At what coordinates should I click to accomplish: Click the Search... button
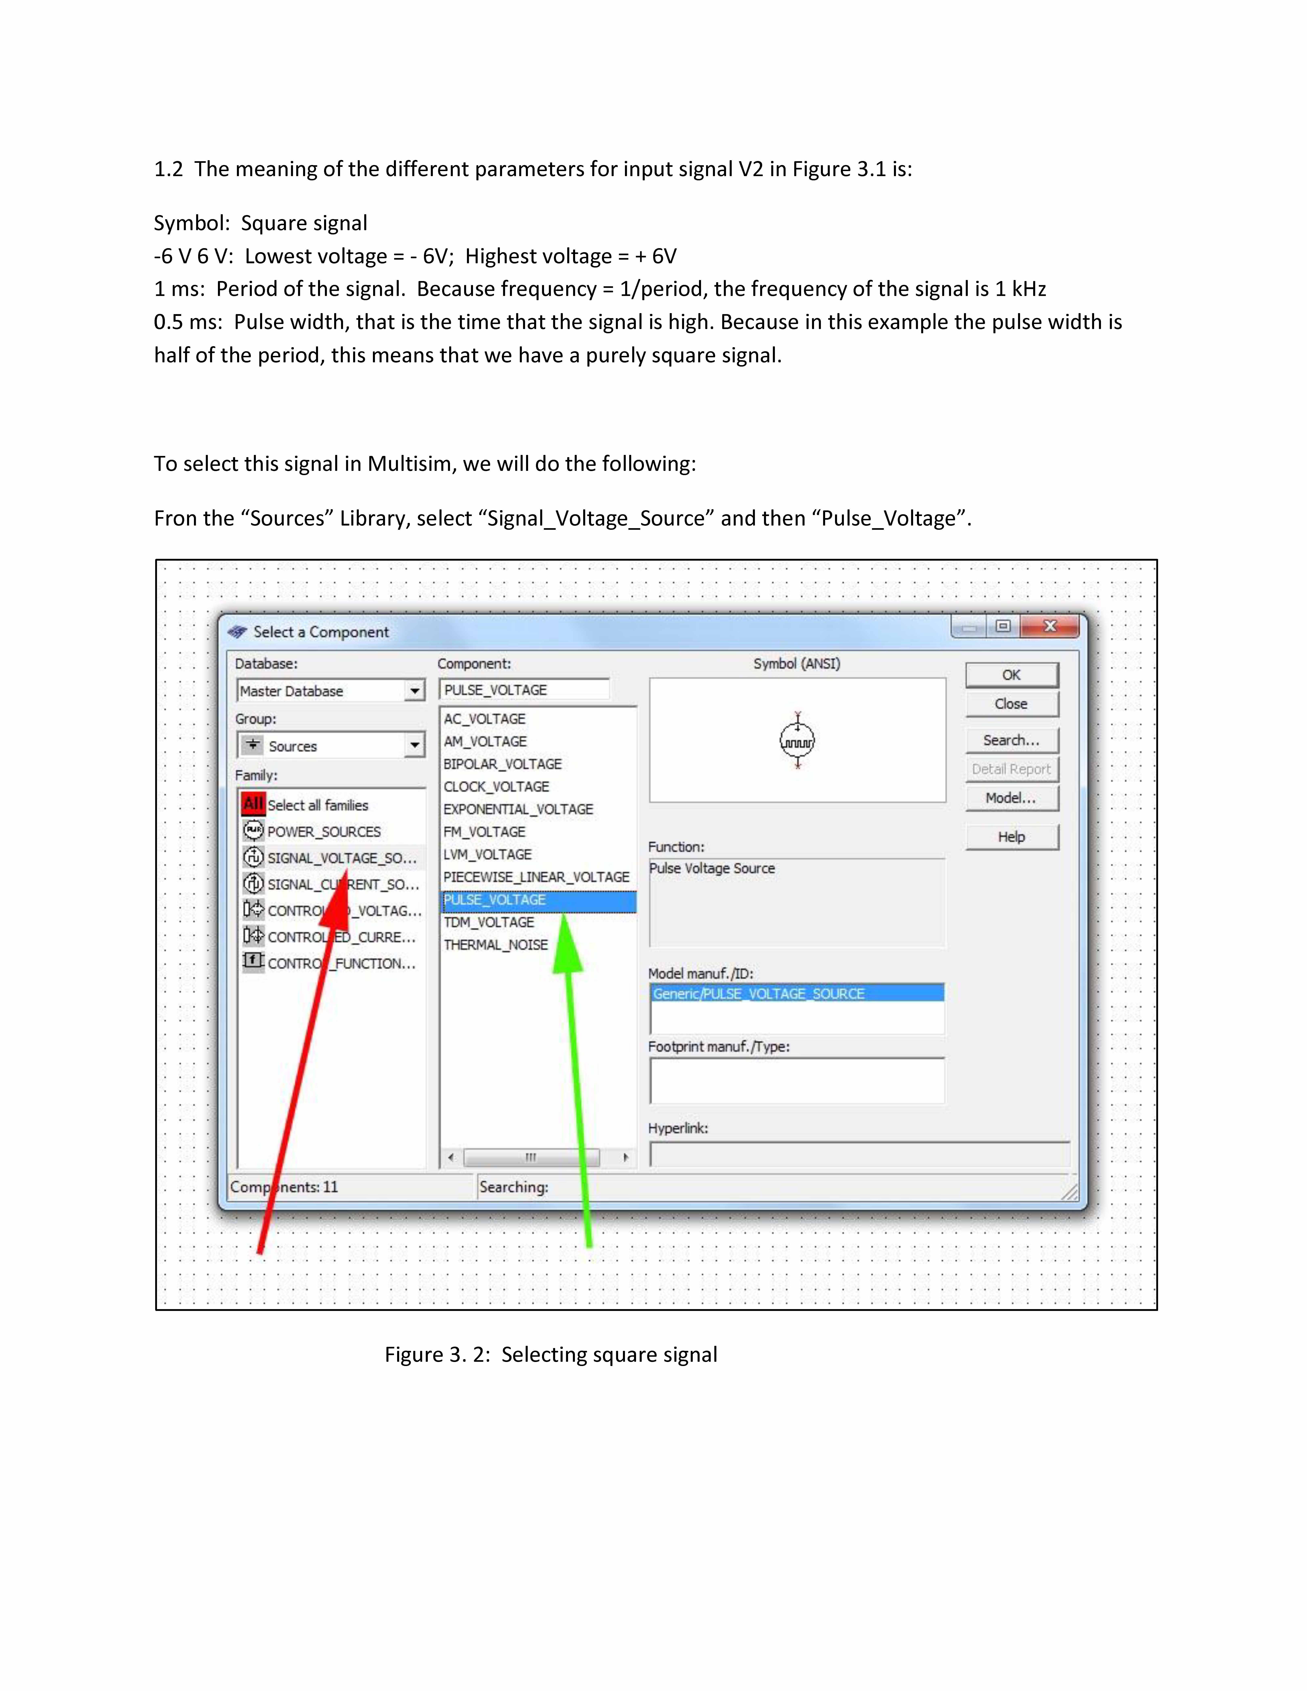point(1011,740)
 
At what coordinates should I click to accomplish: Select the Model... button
point(1011,798)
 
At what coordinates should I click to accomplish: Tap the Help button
point(1011,837)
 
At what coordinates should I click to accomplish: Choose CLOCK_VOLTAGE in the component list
point(496,787)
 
